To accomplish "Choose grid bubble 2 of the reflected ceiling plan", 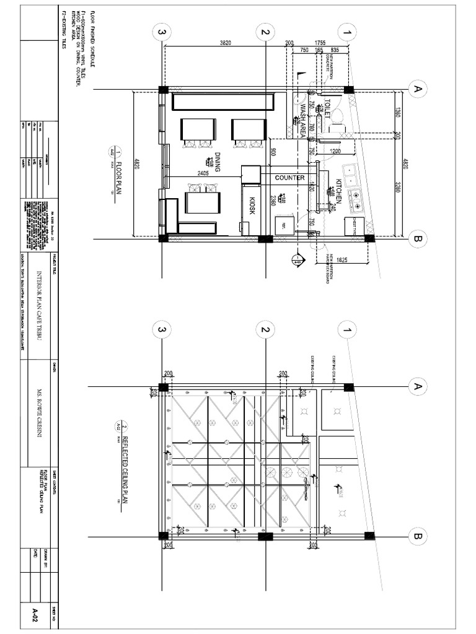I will tap(264, 329).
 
